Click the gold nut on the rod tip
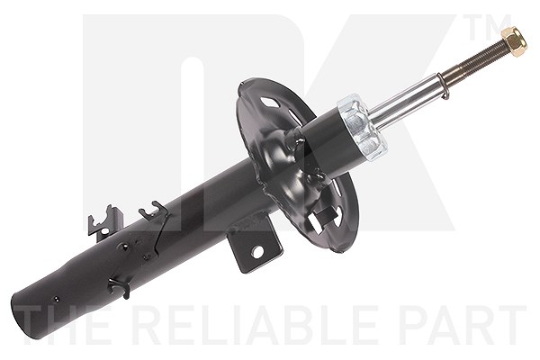(514, 41)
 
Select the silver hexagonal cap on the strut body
(361, 129)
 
